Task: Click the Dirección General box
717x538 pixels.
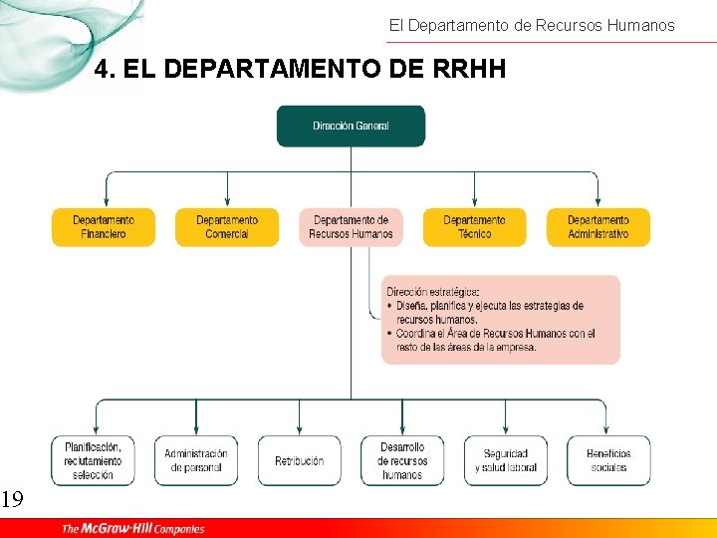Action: [x=351, y=127]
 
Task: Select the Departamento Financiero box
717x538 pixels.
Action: [x=104, y=227]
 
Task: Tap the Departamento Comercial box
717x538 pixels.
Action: [x=227, y=227]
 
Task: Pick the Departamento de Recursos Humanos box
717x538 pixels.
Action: [x=351, y=227]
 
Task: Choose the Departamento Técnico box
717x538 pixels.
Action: [x=474, y=227]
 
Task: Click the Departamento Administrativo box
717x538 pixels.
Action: [x=597, y=227]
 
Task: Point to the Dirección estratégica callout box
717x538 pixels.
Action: [x=500, y=319]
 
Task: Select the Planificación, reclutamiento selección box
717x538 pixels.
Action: [x=93, y=460]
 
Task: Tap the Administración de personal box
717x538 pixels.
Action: [x=196, y=460]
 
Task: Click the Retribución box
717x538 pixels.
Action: [x=299, y=460]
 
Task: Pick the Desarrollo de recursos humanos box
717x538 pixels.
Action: [x=402, y=460]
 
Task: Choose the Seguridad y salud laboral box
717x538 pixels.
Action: [x=505, y=460]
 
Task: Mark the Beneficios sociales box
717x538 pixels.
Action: [x=608, y=460]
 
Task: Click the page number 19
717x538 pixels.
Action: [x=11, y=499]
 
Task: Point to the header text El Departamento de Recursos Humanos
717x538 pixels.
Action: [x=531, y=25]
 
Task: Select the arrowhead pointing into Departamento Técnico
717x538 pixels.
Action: [x=474, y=202]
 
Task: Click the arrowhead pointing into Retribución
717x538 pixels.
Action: [x=299, y=429]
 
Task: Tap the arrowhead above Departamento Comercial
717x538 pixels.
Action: [x=227, y=202]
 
